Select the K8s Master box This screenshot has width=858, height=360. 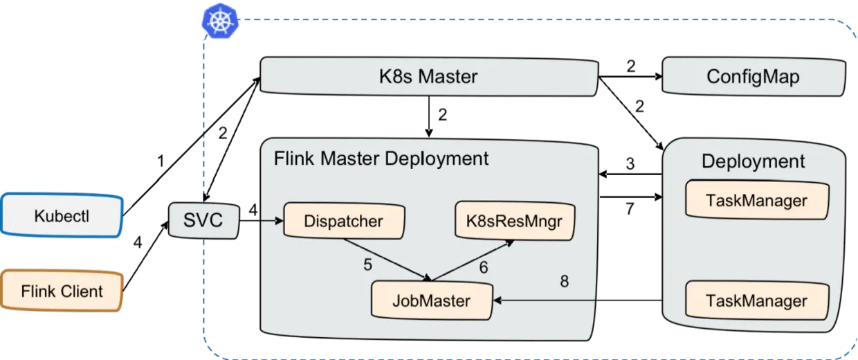(428, 76)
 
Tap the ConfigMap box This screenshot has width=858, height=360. (753, 76)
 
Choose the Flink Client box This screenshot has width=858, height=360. (62, 291)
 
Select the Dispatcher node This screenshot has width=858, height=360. (343, 222)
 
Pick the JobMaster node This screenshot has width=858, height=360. (431, 300)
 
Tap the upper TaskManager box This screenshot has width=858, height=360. (756, 200)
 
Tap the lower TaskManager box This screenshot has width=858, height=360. (756, 300)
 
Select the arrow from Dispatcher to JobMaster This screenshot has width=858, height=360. (387, 260)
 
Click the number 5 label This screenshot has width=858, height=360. (368, 265)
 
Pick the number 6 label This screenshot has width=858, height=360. (484, 267)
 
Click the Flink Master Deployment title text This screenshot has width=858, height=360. (381, 159)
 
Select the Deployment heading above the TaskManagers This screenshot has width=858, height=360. (753, 161)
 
